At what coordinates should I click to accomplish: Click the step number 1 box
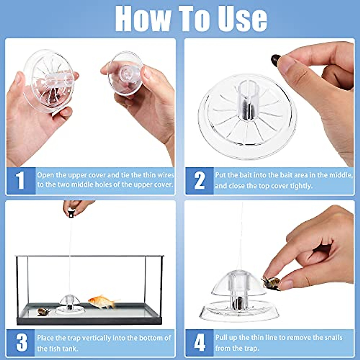[x=20, y=181]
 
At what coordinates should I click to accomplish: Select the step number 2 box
[x=199, y=181]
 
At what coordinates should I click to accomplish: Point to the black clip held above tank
[x=71, y=214]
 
